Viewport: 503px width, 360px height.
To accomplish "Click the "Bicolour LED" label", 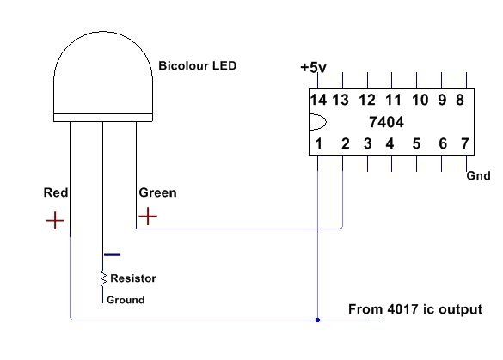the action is pyautogui.click(x=197, y=65).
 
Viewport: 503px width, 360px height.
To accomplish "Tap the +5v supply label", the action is pyautogui.click(x=313, y=68).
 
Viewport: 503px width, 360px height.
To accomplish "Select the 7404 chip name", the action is pyautogui.click(x=386, y=122).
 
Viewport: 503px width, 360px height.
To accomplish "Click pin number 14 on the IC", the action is pyautogui.click(x=318, y=100).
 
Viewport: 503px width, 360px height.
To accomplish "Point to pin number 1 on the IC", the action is pyautogui.click(x=318, y=143).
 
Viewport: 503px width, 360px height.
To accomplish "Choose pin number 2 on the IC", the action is pyautogui.click(x=345, y=143).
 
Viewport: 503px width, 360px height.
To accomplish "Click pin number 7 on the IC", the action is pyautogui.click(x=465, y=143).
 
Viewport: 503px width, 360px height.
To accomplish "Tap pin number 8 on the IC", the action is pyautogui.click(x=460, y=100).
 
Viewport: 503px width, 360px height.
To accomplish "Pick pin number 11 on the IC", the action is pyautogui.click(x=393, y=100).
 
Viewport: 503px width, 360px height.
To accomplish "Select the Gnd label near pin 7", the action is pyautogui.click(x=478, y=175).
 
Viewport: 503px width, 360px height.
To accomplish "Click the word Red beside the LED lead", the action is pyautogui.click(x=56, y=192).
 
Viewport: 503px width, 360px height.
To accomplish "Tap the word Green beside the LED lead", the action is pyautogui.click(x=157, y=192).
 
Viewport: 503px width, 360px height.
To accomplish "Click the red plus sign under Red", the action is pyautogui.click(x=55, y=221).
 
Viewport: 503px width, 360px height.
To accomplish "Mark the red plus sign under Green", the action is pyautogui.click(x=148, y=216).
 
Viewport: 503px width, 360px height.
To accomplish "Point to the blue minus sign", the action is pyautogui.click(x=113, y=255).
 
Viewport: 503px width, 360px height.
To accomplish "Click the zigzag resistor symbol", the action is pyautogui.click(x=103, y=278).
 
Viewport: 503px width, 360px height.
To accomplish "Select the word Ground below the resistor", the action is pyautogui.click(x=126, y=300).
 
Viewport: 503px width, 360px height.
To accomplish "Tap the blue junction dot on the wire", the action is pyautogui.click(x=317, y=320).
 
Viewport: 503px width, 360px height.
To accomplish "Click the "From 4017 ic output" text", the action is pyautogui.click(x=415, y=309).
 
